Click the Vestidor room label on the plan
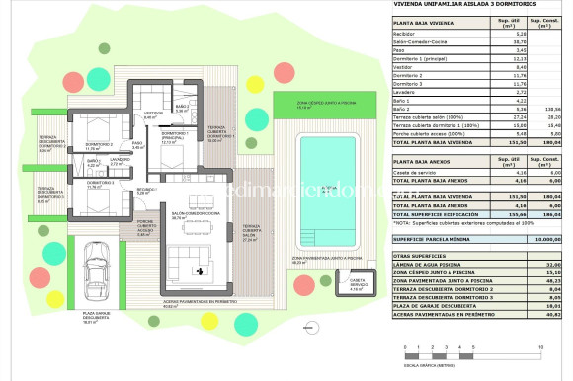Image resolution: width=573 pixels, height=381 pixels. pos(154,115)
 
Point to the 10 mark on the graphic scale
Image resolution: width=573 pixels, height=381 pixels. pos(541,347)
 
